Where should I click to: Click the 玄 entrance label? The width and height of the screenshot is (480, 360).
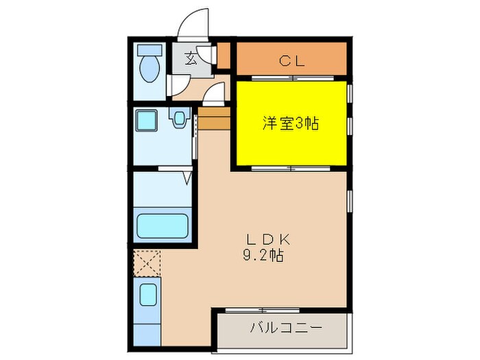coord(190,58)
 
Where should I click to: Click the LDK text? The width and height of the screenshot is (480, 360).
coord(269,240)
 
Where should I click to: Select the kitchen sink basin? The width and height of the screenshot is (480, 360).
coord(148,296)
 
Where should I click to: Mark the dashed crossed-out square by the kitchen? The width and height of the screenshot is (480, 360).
coord(147,263)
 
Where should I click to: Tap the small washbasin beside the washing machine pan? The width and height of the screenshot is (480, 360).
coord(180,119)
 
